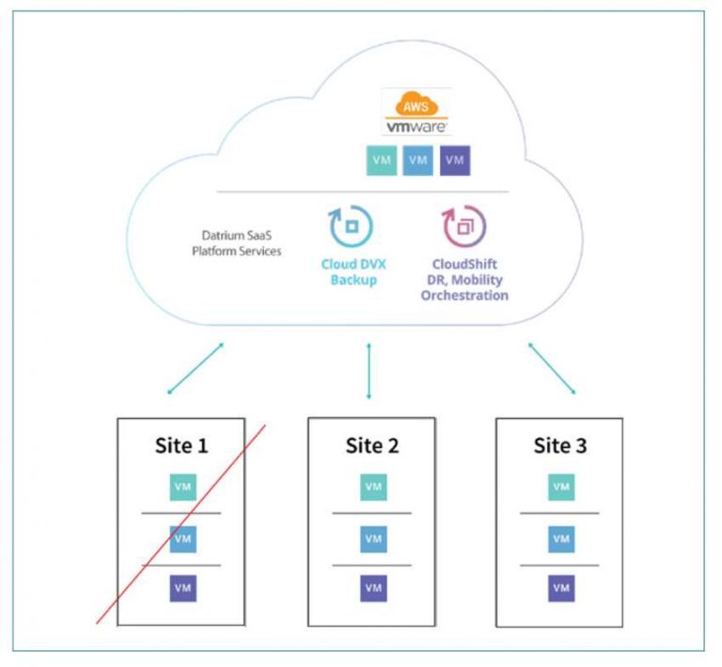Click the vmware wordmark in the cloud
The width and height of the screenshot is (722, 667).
416,125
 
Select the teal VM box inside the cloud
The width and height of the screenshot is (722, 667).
381,161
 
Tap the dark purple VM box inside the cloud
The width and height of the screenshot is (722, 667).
455,161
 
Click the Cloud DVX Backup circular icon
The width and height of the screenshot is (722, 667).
350,226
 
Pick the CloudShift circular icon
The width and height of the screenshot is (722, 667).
463,226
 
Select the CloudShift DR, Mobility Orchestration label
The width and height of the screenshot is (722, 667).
463,281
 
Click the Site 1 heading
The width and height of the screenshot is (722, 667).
181,445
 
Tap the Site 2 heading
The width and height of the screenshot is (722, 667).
372,445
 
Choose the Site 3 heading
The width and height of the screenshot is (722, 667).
560,445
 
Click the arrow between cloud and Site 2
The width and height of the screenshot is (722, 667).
369,371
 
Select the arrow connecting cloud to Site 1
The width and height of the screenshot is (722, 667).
196,368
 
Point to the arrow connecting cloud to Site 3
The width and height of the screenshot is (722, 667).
552,368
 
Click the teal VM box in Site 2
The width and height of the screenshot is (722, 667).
373,487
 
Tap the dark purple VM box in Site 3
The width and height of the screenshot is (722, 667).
561,588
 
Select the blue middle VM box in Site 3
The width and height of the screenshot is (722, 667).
561,538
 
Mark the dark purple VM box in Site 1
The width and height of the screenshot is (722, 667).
182,588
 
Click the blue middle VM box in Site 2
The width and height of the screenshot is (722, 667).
373,538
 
